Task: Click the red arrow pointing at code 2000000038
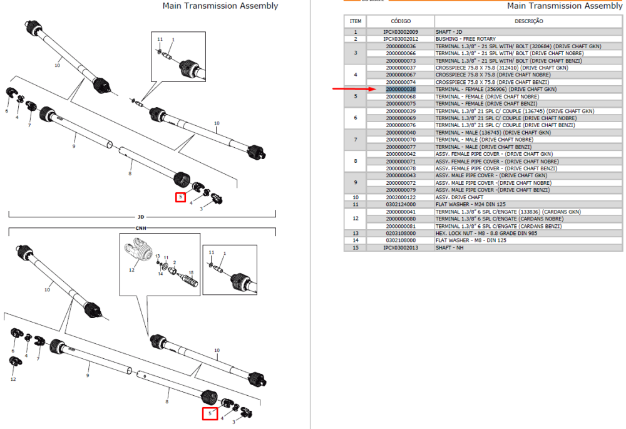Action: [x=354, y=89]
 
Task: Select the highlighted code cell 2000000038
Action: [x=401, y=90]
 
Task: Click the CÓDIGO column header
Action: [x=401, y=21]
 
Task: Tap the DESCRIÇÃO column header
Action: [x=528, y=21]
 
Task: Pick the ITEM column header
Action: [x=356, y=21]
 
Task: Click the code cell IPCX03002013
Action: [x=401, y=247]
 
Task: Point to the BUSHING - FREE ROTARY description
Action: [x=466, y=39]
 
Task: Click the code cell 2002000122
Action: [x=401, y=197]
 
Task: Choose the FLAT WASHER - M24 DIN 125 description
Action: [x=470, y=205]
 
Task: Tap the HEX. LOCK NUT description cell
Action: [x=486, y=233]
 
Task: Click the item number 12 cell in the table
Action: [x=356, y=219]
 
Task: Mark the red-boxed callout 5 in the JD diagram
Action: [x=180, y=197]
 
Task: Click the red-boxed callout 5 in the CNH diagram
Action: [x=210, y=413]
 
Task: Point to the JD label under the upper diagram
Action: [x=140, y=217]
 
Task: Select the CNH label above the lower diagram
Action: [x=140, y=228]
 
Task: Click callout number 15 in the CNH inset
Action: [x=191, y=273]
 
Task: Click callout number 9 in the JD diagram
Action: [x=74, y=146]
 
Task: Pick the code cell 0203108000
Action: [x=401, y=233]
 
